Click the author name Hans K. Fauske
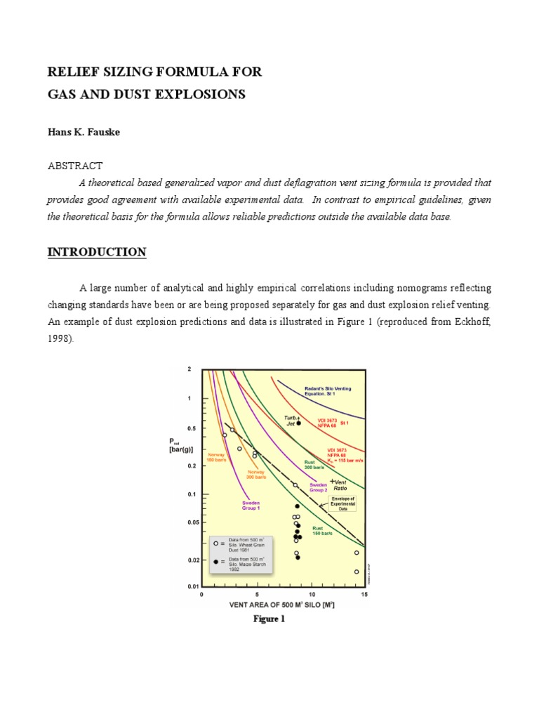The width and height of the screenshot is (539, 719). [84, 132]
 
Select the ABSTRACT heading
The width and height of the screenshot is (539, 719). [75, 166]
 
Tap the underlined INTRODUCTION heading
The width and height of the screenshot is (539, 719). [97, 252]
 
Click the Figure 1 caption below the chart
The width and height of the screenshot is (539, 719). [269, 619]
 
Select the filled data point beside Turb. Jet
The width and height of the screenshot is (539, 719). [299, 423]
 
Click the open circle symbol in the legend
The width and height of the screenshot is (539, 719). [214, 543]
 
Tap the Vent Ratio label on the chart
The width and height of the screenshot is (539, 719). [340, 485]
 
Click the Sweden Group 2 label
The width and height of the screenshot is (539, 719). [319, 487]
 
